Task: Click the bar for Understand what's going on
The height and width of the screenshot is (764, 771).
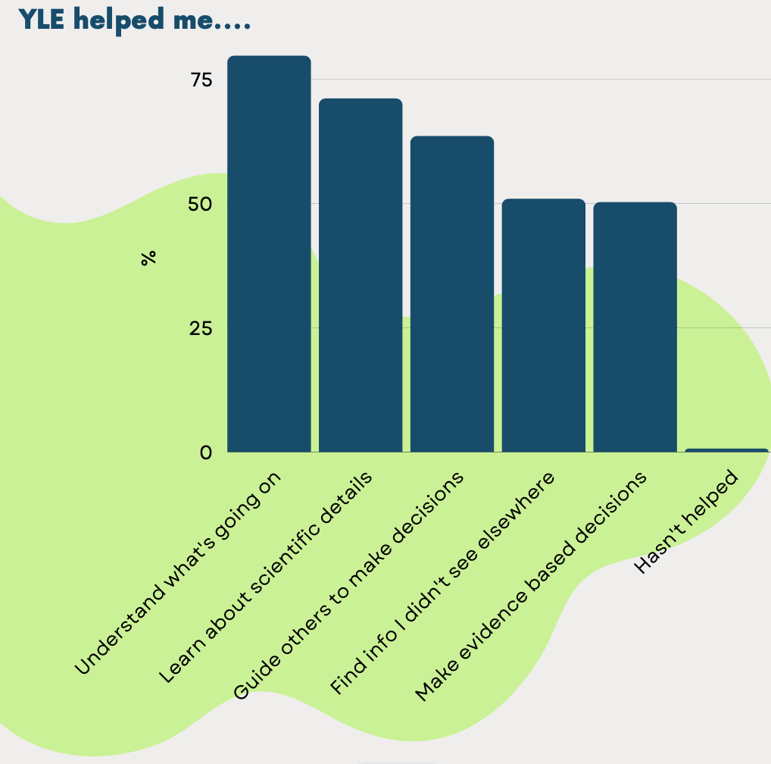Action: tap(269, 254)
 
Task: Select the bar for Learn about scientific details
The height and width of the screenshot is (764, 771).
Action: tap(361, 275)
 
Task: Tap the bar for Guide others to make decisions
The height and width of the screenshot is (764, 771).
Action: tap(452, 294)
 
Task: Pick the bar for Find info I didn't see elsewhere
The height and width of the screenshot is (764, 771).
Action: tap(544, 325)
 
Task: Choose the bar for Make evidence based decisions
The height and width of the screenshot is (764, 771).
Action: tap(635, 327)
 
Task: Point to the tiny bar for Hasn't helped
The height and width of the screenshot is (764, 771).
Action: tap(726, 450)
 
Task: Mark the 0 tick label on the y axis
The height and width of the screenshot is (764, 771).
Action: tap(206, 452)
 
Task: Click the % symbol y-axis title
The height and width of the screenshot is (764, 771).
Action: tap(148, 258)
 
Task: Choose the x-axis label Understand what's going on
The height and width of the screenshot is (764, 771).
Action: tap(179, 571)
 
